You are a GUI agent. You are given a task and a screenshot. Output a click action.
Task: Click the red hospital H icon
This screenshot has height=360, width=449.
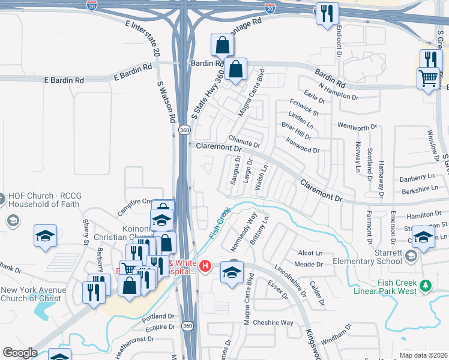[x=205, y=265]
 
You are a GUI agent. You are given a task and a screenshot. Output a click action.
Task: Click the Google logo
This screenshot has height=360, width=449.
[x=20, y=352]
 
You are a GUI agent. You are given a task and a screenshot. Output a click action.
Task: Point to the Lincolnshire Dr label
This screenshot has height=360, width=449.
[x=290, y=278]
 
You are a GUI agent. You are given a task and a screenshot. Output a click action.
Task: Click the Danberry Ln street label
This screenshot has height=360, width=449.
[x=417, y=179]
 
